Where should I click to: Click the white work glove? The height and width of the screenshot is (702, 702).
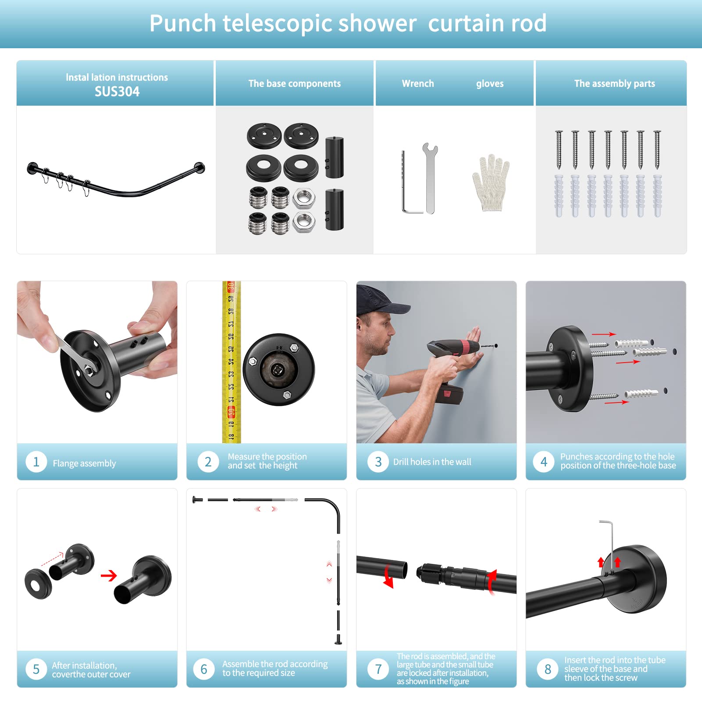coord(490,183)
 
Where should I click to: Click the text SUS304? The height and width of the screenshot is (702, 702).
coord(117,91)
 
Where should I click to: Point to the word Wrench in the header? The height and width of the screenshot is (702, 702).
coord(418,83)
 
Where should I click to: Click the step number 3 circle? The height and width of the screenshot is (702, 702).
coord(378,462)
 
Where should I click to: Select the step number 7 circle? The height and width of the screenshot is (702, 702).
coord(378,669)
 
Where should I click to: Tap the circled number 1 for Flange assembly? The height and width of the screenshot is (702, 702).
coord(36,462)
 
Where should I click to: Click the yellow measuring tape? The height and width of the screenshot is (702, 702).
coord(232,362)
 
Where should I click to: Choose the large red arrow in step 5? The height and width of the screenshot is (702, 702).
coord(109,575)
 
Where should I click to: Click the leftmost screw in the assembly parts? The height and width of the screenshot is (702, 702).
coord(559,150)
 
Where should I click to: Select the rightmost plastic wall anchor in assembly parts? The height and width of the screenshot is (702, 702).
coord(657,196)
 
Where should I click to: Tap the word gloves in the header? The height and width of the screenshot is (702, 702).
coord(490,84)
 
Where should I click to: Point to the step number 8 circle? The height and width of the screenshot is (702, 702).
coord(548,669)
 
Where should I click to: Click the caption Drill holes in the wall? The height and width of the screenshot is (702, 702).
coord(432,462)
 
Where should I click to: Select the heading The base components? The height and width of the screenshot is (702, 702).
coord(295,83)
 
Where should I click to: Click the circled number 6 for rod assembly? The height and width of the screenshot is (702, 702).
coord(204,669)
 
